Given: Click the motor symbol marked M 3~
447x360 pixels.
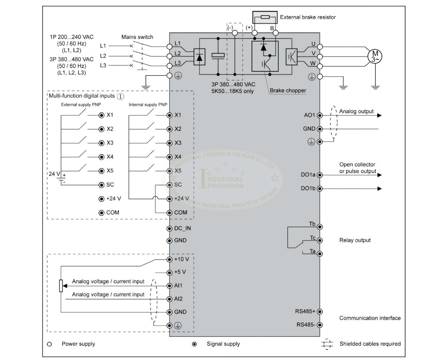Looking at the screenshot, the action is [x=375, y=56].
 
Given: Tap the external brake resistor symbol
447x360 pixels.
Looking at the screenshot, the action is [x=265, y=17].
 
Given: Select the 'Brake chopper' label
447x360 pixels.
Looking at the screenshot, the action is [x=288, y=90].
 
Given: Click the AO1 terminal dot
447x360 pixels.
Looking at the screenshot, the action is [x=319, y=115].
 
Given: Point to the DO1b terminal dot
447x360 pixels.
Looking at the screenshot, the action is [x=319, y=189].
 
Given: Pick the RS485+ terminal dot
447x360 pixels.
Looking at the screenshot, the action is [x=319, y=311].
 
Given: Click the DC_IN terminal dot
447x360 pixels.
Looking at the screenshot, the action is [x=170, y=228].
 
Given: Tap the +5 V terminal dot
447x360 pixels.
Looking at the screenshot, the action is [x=170, y=273].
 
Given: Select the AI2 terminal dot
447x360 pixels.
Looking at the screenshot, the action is [x=170, y=299].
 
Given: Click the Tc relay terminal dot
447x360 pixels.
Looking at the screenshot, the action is [x=319, y=240].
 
